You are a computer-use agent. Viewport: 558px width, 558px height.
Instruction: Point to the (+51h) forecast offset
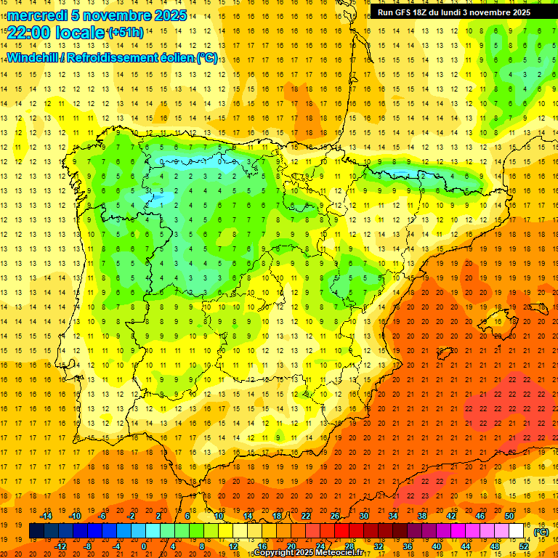pyautogui.click(x=125, y=33)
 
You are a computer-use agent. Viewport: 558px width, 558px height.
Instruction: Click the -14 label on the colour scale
pyautogui.click(x=46, y=516)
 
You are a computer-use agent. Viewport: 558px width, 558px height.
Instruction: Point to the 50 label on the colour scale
pyautogui.click(x=509, y=516)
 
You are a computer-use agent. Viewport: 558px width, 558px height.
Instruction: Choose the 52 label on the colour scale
pyautogui.click(x=524, y=546)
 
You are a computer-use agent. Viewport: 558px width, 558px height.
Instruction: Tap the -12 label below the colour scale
pyautogui.click(x=60, y=546)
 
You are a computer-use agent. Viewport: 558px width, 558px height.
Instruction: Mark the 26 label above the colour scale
pyautogui.click(x=335, y=516)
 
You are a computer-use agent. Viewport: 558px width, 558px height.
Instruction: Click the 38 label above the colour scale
pyautogui.click(x=422, y=516)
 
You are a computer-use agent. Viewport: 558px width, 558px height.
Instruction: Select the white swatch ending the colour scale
pyautogui.click(x=517, y=531)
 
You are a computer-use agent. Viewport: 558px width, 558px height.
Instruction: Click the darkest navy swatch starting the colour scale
pyautogui.click(x=36, y=531)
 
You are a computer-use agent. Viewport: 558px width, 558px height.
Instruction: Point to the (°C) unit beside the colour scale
pyautogui.click(x=541, y=531)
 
